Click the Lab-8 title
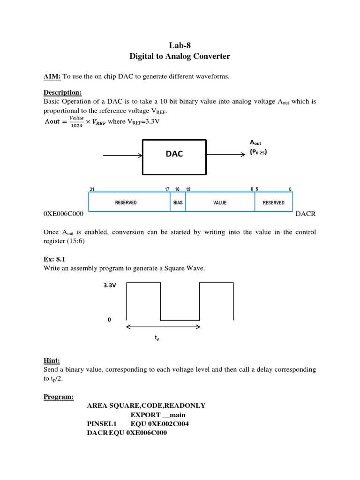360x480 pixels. point(180,45)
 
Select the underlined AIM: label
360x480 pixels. point(52,76)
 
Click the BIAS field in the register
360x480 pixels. point(178,202)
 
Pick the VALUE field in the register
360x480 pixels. point(220,202)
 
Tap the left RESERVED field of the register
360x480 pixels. point(126,202)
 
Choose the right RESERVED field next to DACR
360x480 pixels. point(273,202)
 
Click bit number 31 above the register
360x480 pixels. point(91,189)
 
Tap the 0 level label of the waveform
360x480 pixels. point(109,319)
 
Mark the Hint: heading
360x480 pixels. point(52,360)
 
